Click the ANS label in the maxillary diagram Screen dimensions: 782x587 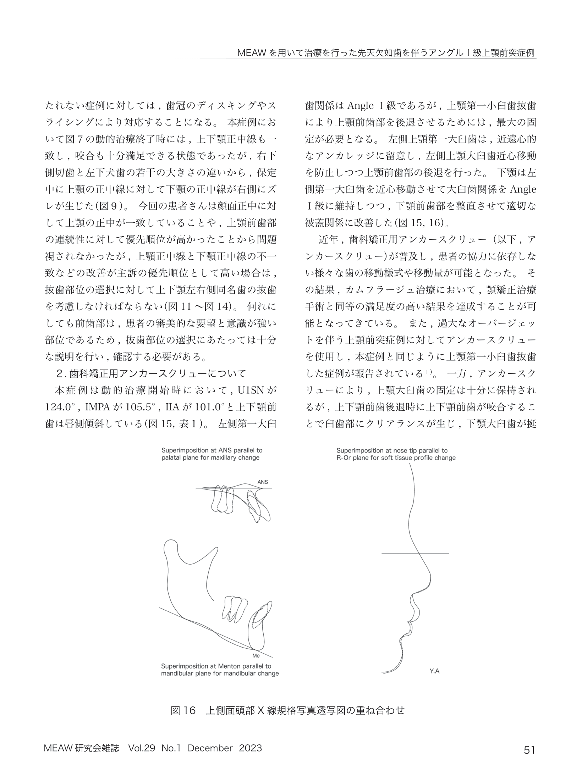263,482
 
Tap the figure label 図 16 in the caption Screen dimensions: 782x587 183,710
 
